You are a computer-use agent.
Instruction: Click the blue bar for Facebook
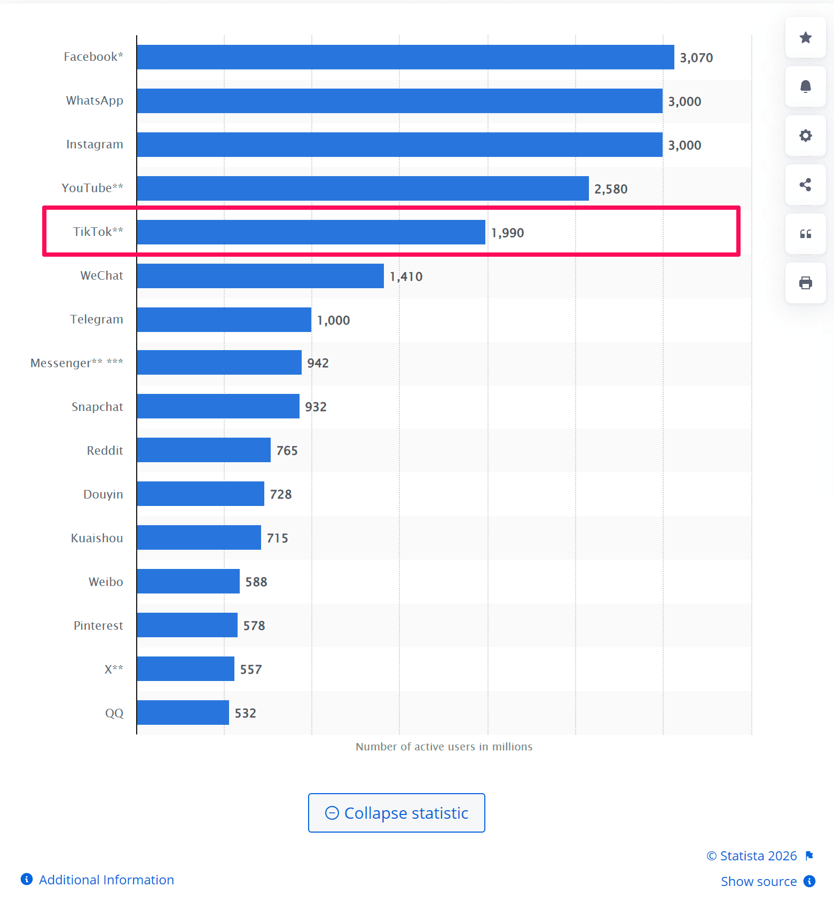[405, 57]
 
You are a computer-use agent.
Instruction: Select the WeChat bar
[260, 276]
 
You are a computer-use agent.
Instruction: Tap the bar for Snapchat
[218, 406]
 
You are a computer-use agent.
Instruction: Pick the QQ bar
[183, 713]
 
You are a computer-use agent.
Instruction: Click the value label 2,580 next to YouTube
[611, 189]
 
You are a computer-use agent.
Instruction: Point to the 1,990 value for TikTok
[507, 233]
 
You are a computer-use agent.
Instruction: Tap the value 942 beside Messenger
[318, 363]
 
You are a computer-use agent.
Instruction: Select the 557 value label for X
[250, 669]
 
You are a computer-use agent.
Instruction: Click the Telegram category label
[97, 319]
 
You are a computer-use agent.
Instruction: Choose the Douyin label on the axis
[103, 494]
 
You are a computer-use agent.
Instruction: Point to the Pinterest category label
[98, 626]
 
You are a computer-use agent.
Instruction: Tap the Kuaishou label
[97, 538]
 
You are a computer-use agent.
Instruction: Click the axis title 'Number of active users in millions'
[444, 747]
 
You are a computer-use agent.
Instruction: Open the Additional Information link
[106, 880]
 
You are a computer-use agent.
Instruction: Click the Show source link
[758, 881]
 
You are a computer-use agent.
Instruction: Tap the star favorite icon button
[805, 37]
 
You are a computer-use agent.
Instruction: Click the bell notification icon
[805, 86]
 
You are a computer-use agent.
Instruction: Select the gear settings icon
[805, 136]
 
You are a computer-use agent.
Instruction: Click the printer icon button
[805, 283]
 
